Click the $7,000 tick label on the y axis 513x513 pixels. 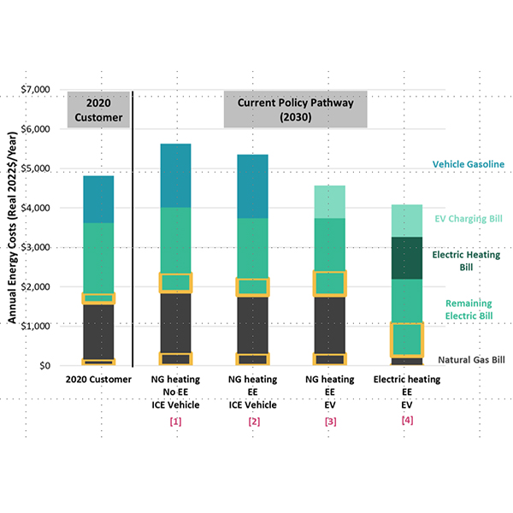click(34, 90)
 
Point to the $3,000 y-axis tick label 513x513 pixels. click(34, 247)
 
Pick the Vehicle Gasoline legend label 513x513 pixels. click(468, 164)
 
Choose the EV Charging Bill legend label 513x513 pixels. click(467, 219)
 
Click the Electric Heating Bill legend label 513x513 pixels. click(469, 260)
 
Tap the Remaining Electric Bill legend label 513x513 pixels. click(469, 309)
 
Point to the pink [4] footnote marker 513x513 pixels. click(406, 421)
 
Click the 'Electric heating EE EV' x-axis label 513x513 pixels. click(406, 392)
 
